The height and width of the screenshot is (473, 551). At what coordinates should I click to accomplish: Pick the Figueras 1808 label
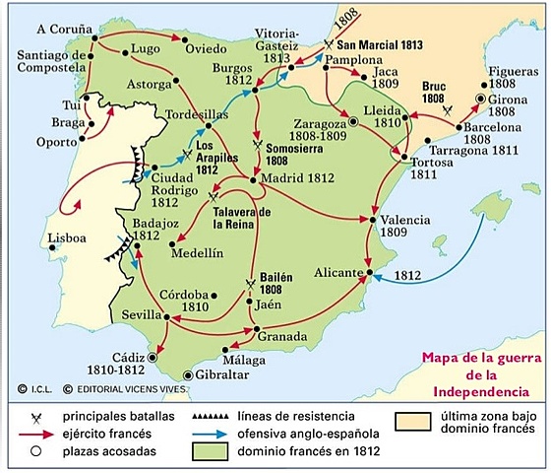502,91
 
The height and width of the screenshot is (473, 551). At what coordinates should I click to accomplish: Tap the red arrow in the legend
35,435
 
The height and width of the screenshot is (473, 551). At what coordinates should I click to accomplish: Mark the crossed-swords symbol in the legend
35,417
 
